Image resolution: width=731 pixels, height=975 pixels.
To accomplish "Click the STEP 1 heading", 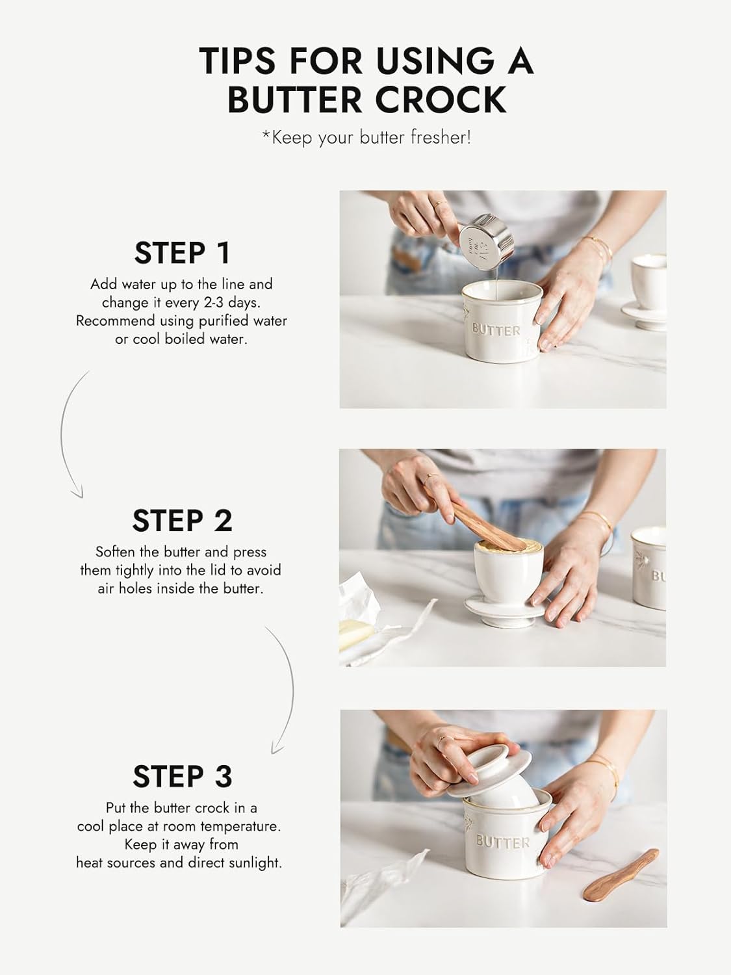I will (x=183, y=253).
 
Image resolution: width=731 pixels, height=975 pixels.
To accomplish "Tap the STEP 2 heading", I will (x=183, y=521).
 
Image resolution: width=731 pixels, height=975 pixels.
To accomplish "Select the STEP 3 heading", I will (x=183, y=776).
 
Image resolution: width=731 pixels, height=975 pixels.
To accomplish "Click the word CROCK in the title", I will (x=442, y=99).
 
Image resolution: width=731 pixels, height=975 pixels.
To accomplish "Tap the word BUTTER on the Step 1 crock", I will (x=496, y=330).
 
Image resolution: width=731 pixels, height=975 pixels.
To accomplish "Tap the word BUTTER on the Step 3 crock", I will (x=502, y=842).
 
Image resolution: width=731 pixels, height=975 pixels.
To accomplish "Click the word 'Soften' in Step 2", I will (x=116, y=552).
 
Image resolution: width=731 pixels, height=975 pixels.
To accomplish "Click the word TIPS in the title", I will (x=239, y=60).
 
